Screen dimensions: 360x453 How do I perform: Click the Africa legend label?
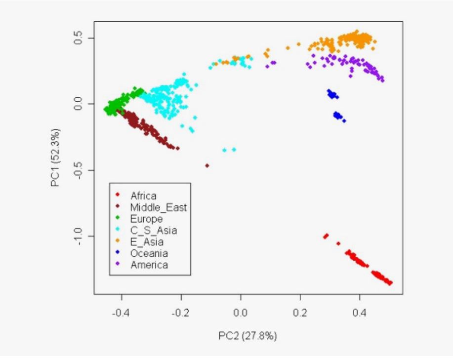tap(143, 196)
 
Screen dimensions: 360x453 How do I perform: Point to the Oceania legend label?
tap(149, 253)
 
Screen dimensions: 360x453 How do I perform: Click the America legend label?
tap(149, 265)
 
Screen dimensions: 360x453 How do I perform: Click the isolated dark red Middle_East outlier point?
tap(207, 165)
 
